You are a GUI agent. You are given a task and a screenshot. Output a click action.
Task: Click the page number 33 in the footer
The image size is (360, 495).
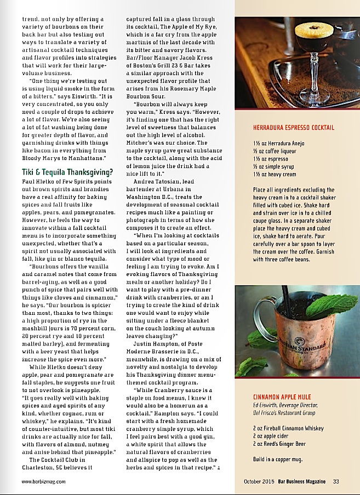(336, 481)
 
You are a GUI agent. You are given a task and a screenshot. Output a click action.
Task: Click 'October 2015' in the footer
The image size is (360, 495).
(259, 481)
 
